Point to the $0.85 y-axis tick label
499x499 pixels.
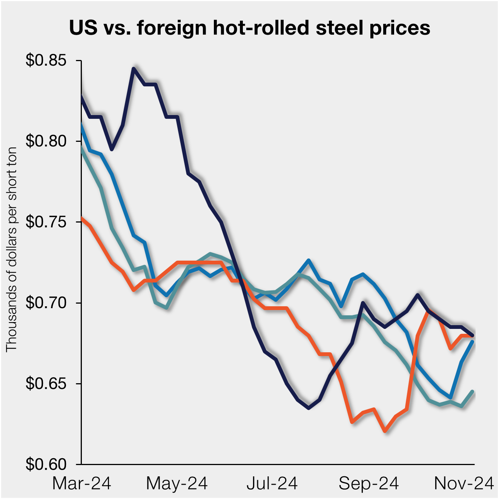(x=46, y=60)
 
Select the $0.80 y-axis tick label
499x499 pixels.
(x=46, y=141)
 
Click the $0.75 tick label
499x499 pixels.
(x=46, y=222)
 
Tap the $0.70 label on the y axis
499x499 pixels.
(x=46, y=302)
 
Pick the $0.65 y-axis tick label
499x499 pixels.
(x=46, y=384)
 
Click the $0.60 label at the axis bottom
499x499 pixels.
(x=46, y=464)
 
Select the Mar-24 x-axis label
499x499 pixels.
(x=81, y=483)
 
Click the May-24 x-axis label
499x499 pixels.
(x=177, y=483)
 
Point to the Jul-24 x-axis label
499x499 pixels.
(x=272, y=483)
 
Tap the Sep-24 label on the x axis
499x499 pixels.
(x=368, y=483)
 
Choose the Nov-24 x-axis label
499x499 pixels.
(x=464, y=483)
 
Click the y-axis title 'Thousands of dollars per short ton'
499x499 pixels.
(x=11, y=249)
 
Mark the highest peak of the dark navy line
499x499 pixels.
(x=134, y=69)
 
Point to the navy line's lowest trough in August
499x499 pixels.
(x=309, y=408)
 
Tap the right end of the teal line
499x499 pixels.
(x=473, y=392)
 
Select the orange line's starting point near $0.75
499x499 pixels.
(x=82, y=218)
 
